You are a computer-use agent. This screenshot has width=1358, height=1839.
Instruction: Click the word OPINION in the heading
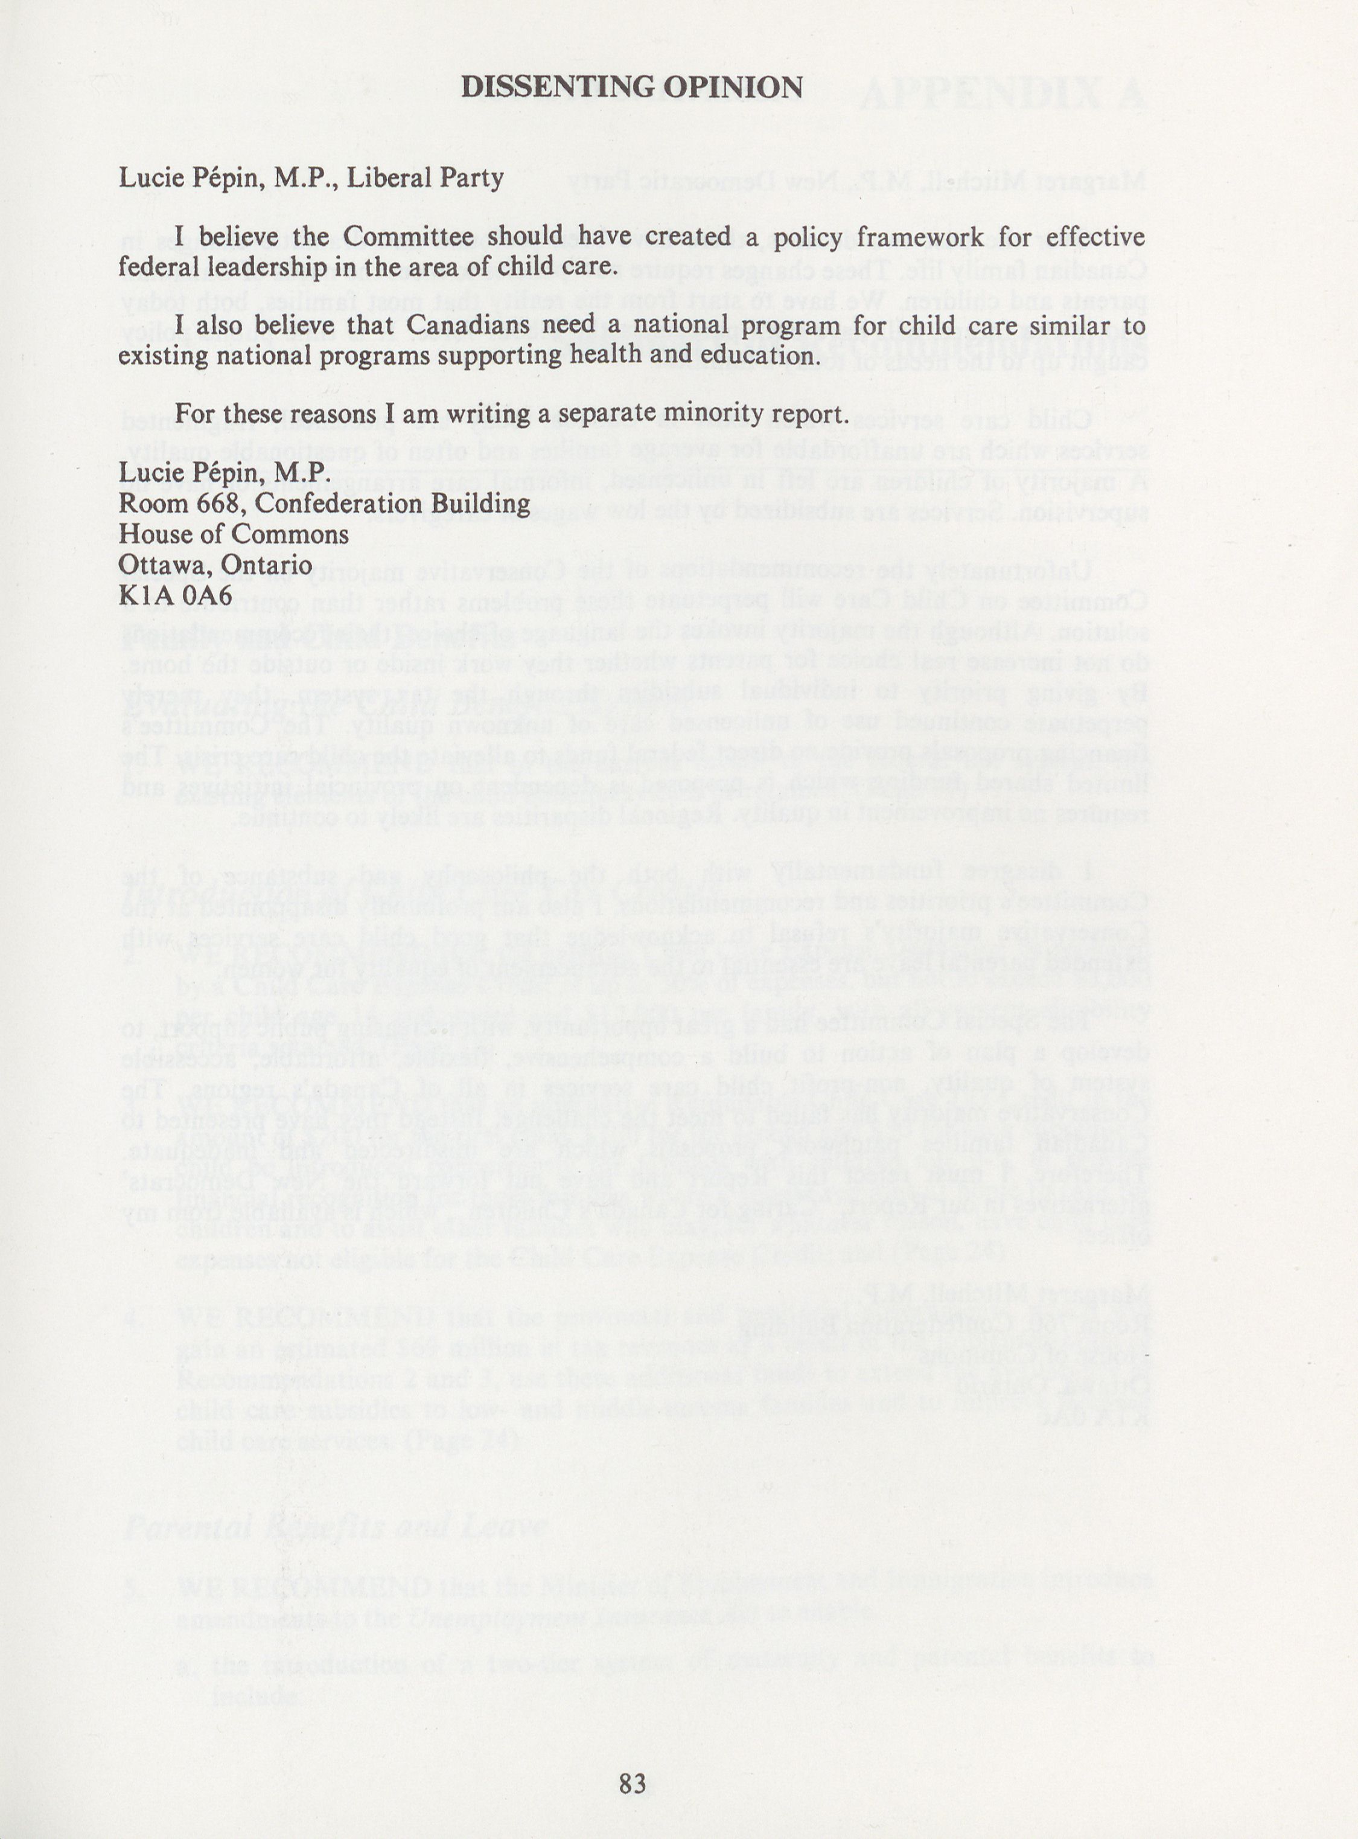click(x=734, y=87)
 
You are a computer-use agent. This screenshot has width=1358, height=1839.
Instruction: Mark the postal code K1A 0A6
click(x=176, y=595)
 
